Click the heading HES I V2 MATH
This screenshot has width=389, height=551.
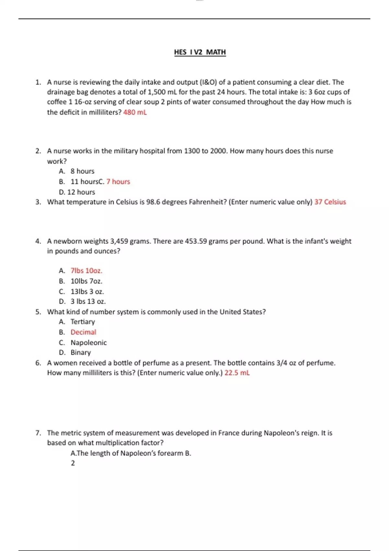point(200,52)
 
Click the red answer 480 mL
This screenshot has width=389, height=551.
point(135,112)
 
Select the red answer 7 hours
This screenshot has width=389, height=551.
point(118,182)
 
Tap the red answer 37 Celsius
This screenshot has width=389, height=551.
point(330,202)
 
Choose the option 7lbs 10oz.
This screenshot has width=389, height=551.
point(86,271)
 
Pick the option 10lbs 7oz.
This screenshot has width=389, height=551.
point(86,281)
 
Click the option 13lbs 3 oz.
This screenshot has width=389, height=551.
point(87,291)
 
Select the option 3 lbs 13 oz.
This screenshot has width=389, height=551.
point(88,301)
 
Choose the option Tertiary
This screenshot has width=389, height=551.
point(83,322)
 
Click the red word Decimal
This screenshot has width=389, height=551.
point(83,332)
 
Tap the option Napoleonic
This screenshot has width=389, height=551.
point(88,343)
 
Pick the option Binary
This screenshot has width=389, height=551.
point(81,353)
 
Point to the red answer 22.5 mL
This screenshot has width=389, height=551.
point(237,373)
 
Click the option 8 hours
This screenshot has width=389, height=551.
point(82,171)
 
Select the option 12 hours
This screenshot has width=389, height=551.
point(81,192)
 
